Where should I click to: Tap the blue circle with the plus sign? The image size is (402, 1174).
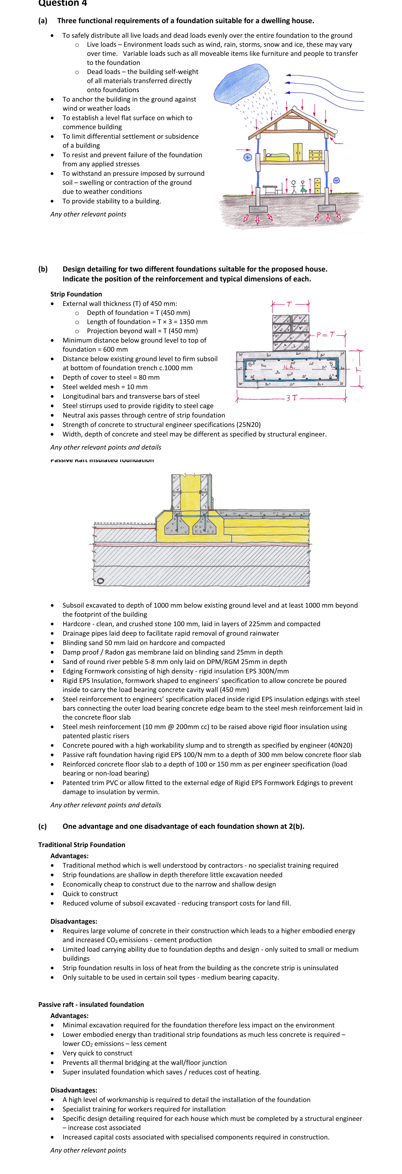(247, 157)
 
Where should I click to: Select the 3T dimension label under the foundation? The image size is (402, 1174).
(292, 398)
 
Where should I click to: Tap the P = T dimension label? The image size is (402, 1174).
(325, 334)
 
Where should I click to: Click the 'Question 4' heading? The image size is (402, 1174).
(62, 4)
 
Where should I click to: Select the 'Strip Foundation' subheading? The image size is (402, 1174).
(76, 294)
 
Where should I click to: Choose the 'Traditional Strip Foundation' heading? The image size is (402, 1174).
(82, 844)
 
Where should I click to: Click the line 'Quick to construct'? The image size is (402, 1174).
(90, 894)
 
